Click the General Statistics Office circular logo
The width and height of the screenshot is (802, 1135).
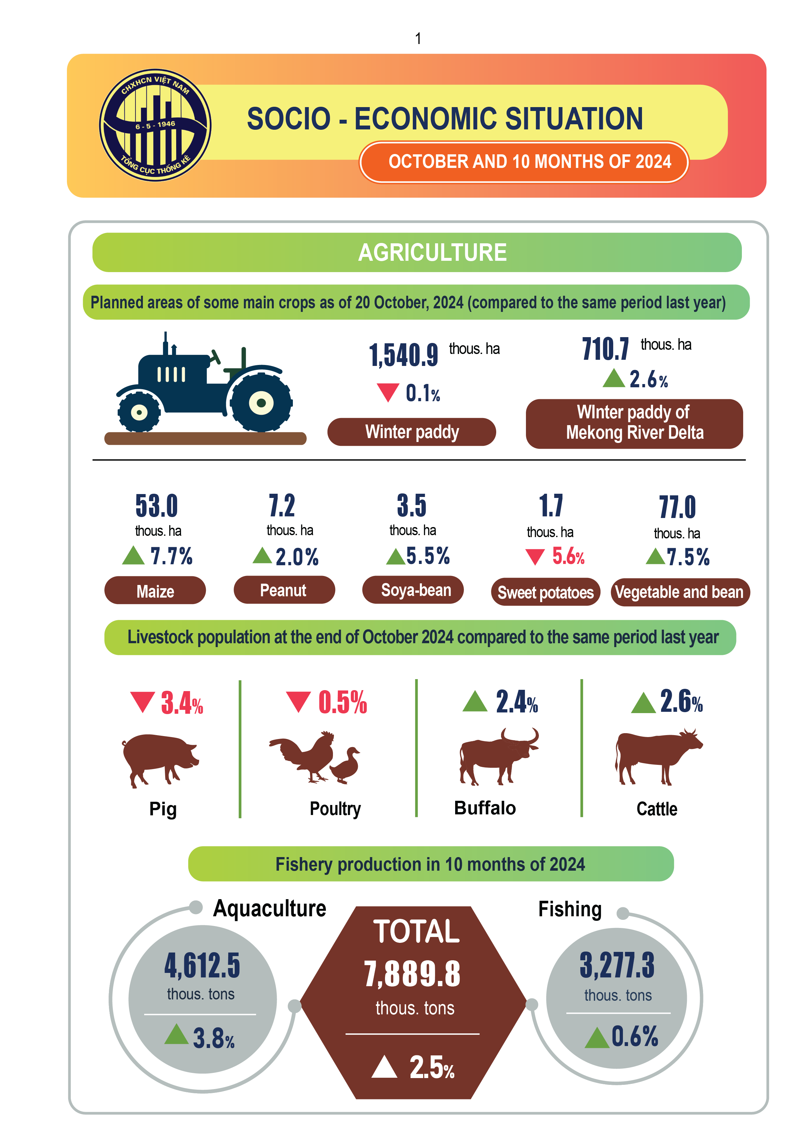tap(155, 125)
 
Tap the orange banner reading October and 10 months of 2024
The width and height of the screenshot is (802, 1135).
tap(524, 162)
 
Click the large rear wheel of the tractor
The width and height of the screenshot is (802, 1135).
tap(261, 402)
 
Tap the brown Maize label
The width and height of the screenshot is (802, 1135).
tap(155, 591)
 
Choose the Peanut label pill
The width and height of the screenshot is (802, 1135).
tap(284, 590)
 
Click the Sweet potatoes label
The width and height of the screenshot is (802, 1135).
tap(545, 592)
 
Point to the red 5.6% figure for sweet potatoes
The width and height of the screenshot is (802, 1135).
tap(568, 556)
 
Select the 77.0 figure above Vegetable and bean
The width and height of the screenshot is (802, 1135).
tap(677, 507)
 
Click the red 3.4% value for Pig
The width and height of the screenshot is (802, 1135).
tap(181, 703)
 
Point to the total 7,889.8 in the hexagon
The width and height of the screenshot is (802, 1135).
tap(412, 974)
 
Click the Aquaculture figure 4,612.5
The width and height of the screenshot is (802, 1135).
tap(202, 965)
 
